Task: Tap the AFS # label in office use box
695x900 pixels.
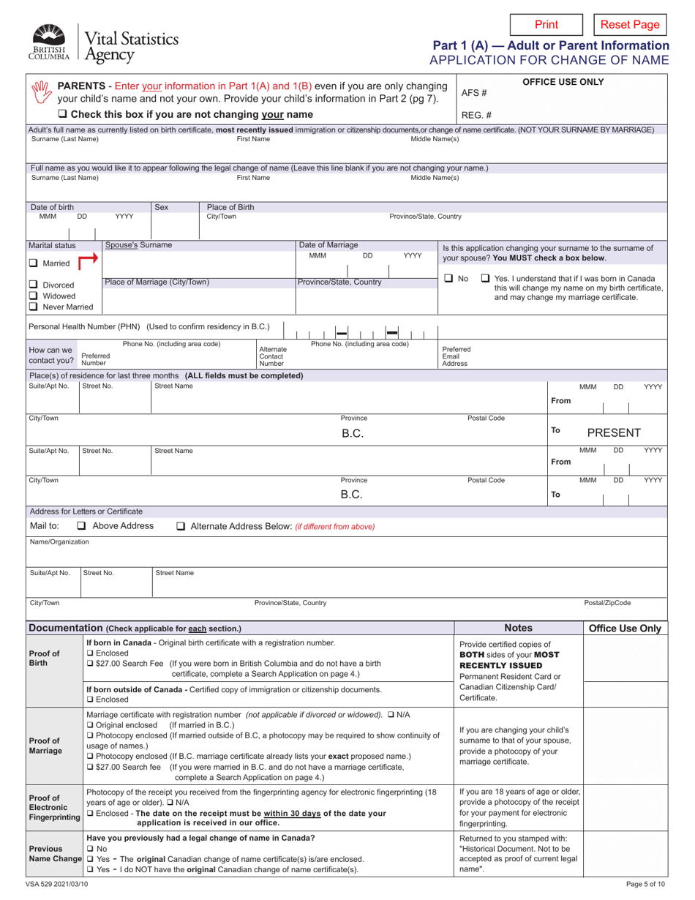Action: click(476, 93)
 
